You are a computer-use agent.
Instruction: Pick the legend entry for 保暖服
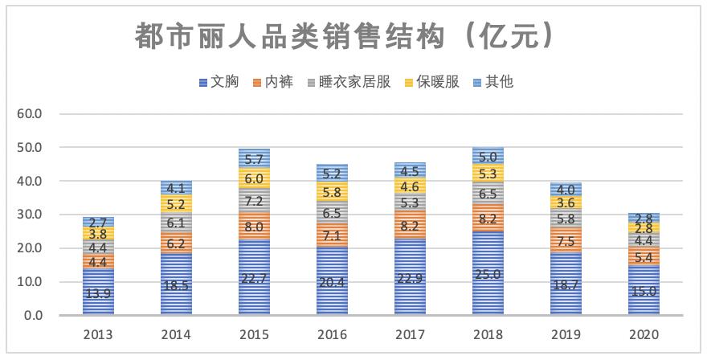pos(434,82)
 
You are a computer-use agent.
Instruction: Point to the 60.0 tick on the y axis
pos(30,114)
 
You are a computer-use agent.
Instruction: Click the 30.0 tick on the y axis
pos(30,215)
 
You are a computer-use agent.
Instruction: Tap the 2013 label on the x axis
pos(98,333)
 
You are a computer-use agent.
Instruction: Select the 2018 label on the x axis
pos(487,333)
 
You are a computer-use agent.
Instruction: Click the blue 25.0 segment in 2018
pos(487,274)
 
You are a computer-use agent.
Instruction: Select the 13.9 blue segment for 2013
pos(98,292)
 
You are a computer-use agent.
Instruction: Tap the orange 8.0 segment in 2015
pos(254,227)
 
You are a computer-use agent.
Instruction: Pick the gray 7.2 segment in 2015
pos(254,201)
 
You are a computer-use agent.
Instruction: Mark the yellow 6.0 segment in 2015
pos(254,178)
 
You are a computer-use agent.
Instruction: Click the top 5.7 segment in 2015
pos(254,159)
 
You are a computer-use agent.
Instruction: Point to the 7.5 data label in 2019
pos(565,240)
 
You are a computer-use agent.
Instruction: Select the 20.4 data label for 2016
pos(331,282)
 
